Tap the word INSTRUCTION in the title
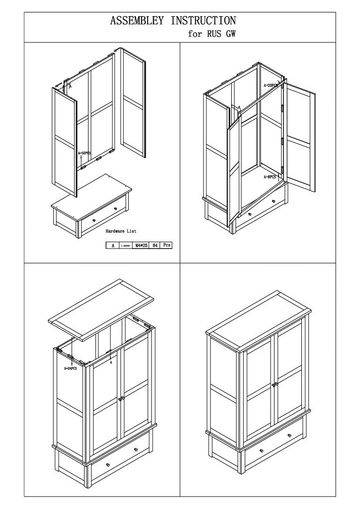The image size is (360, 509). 203,21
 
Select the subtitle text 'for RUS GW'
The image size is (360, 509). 211,34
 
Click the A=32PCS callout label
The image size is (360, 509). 84,154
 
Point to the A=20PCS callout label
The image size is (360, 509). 272,85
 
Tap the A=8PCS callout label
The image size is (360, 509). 270,176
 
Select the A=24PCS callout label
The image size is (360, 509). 70,368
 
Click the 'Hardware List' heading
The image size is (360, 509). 121,231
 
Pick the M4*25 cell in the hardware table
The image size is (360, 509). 142,245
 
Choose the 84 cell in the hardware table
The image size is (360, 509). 156,245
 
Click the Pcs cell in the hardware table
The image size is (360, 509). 167,245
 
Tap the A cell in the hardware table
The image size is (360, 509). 113,245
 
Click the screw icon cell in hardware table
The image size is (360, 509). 127,245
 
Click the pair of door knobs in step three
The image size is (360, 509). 121,399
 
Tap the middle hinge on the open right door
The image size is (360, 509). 282,141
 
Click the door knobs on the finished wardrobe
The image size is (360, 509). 274,384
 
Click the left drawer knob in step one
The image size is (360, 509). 94,220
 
